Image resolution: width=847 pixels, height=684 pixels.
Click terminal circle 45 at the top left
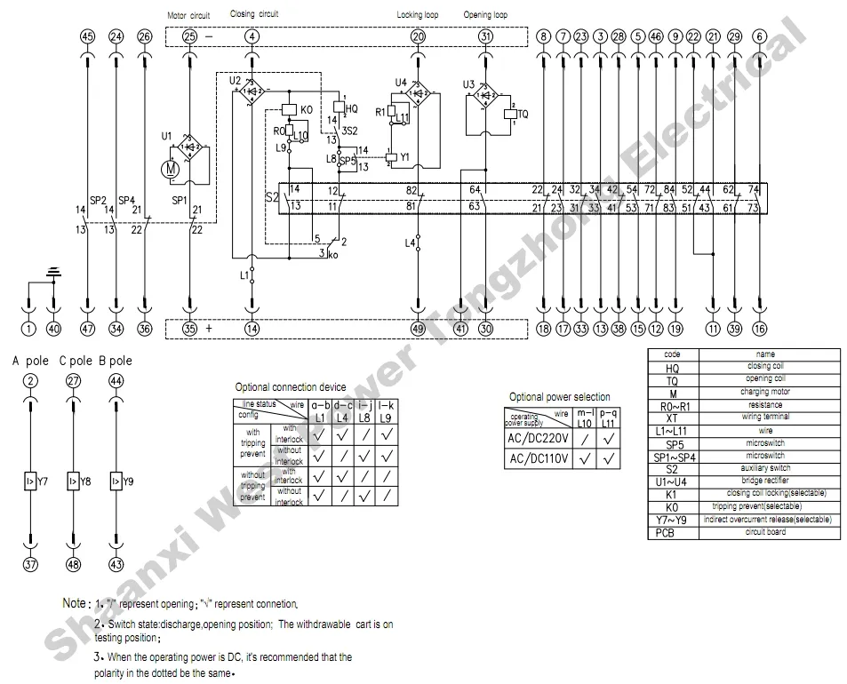[87, 36]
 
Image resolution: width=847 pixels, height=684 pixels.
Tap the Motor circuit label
[189, 15]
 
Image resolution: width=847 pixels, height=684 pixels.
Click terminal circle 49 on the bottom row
[418, 329]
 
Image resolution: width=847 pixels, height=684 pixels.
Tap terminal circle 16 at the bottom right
[758, 329]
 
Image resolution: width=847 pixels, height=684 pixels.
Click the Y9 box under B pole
[116, 481]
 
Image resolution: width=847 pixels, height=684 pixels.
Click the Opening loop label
[485, 15]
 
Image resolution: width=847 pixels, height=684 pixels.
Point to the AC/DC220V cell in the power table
[537, 437]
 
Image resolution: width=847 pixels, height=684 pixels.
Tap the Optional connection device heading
[290, 387]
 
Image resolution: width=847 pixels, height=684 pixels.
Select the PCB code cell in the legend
[673, 533]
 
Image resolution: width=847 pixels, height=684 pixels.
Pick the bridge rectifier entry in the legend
[765, 481]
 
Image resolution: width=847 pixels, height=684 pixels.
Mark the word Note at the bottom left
[75, 603]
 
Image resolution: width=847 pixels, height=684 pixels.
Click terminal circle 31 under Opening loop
[485, 36]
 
